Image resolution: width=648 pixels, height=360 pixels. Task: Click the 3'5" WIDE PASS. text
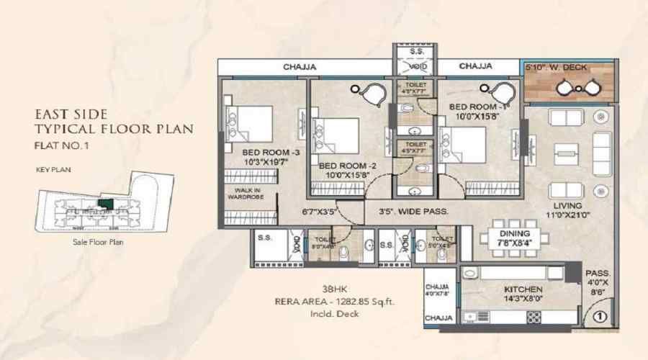click(x=414, y=212)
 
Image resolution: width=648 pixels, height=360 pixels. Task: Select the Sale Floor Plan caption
click(x=98, y=243)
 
